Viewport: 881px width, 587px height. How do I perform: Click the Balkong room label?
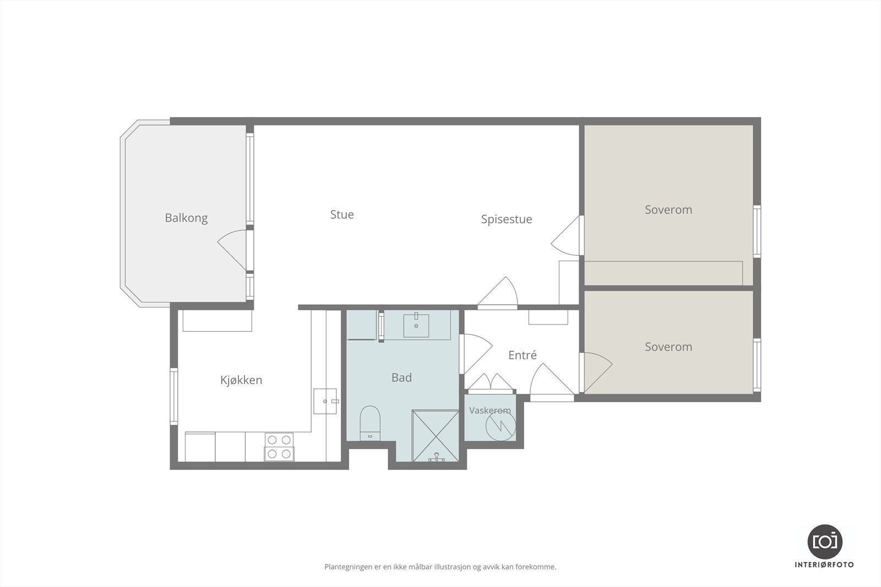(x=186, y=218)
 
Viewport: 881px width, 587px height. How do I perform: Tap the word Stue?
(x=342, y=215)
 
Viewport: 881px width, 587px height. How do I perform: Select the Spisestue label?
(x=507, y=220)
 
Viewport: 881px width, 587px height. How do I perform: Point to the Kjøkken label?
(x=241, y=380)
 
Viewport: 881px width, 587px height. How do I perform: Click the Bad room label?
(x=401, y=377)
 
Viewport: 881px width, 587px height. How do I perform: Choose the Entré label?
(x=523, y=355)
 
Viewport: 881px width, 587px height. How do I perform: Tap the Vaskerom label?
(x=490, y=410)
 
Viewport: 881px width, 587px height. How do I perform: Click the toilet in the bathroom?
(x=370, y=424)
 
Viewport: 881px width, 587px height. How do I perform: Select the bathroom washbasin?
(x=416, y=325)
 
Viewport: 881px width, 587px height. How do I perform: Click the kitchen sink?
(x=325, y=401)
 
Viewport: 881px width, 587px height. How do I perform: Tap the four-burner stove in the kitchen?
(x=279, y=447)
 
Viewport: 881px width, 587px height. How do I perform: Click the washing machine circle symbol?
(x=501, y=426)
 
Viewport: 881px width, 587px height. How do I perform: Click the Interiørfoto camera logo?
(x=825, y=542)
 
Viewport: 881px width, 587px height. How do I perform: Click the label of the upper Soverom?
(x=668, y=210)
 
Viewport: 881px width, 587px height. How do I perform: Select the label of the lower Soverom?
(x=668, y=347)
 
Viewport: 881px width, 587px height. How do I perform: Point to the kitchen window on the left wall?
(x=173, y=396)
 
